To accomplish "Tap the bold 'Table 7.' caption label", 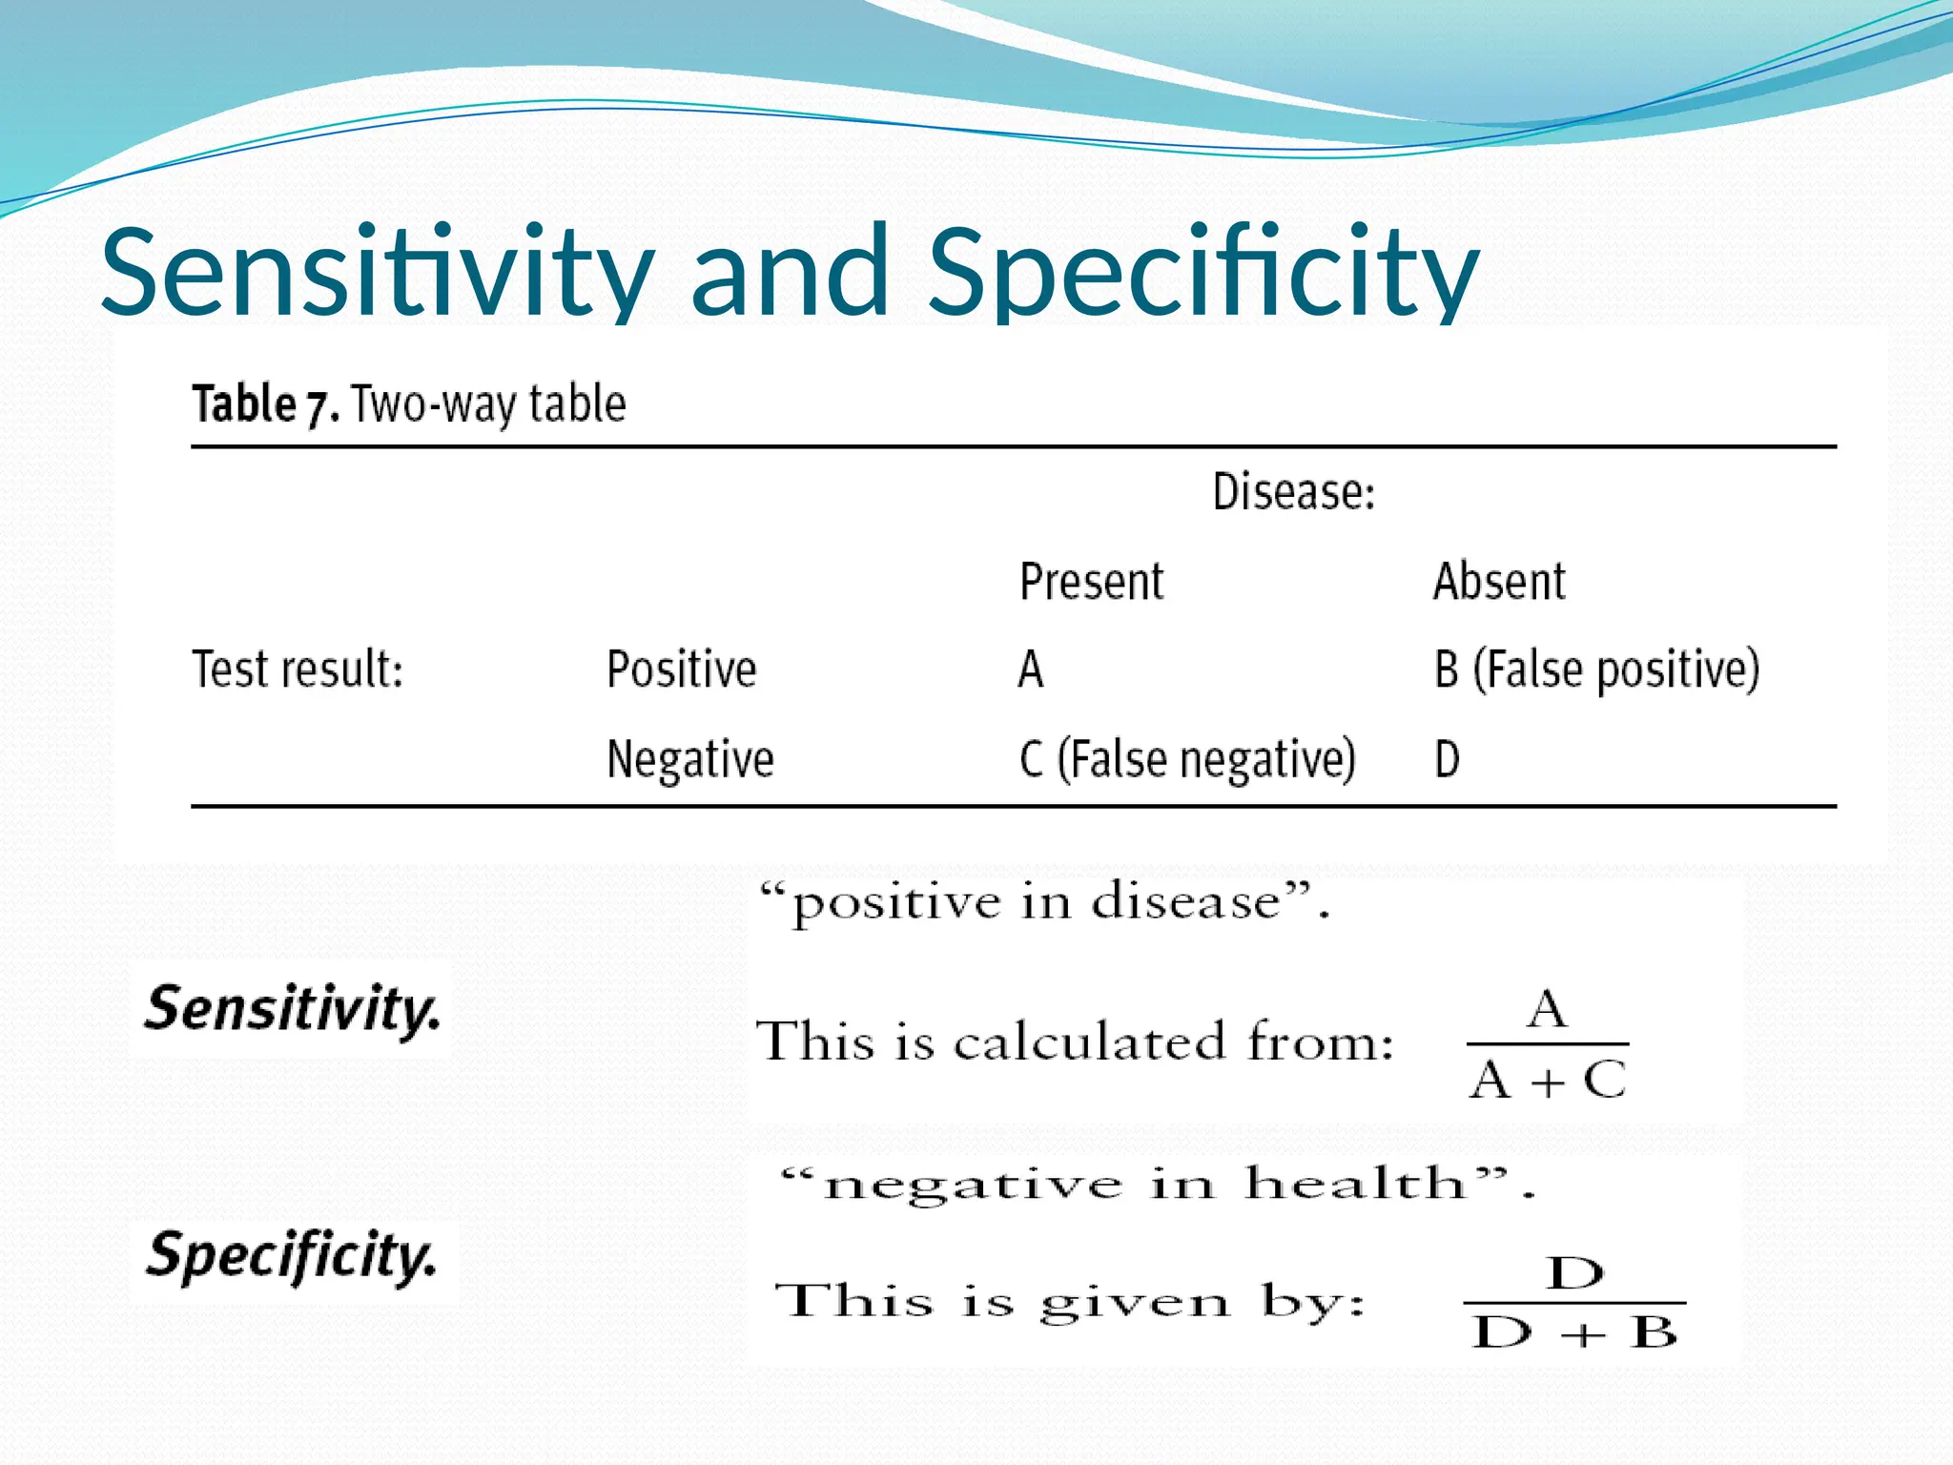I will tap(265, 403).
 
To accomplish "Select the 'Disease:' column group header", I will tap(1293, 492).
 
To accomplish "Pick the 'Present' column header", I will tap(1091, 581).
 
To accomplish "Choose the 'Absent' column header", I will tap(1498, 581).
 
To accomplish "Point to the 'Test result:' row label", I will tap(298, 669).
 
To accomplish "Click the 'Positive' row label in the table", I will tap(681, 669).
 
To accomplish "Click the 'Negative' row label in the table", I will tap(689, 759).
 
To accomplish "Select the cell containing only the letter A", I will tap(1031, 669).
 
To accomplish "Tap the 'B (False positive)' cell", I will tap(1596, 669).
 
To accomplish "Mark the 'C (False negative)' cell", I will tap(1186, 759).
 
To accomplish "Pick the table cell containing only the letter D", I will tap(1447, 759).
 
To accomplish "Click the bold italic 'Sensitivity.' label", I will tap(292, 1009).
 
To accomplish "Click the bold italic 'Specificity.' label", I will tap(292, 1256).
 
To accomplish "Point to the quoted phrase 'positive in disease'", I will tap(1043, 902).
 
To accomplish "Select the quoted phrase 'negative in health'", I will tap(1156, 1185).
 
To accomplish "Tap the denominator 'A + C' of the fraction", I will tap(1547, 1081).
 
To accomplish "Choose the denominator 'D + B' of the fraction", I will tap(1573, 1332).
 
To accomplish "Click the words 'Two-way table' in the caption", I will tap(488, 403).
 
